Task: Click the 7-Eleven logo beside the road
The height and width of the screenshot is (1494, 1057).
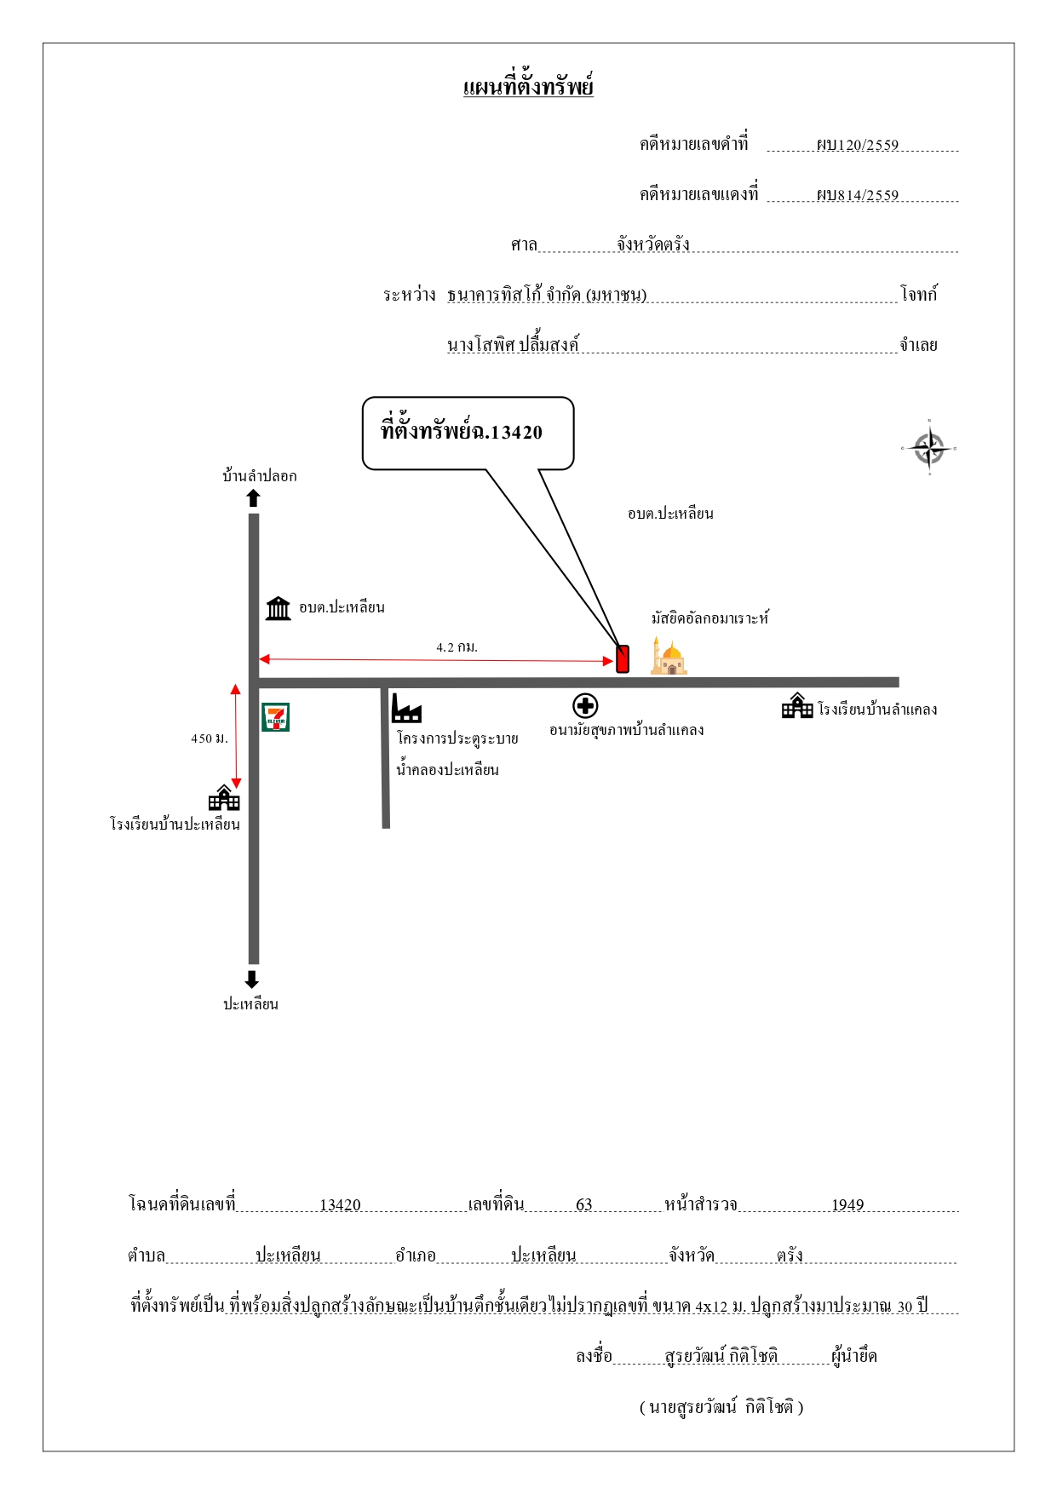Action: click(275, 717)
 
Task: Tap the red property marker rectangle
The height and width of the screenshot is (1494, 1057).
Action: click(623, 659)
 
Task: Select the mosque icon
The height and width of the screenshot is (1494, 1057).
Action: click(669, 656)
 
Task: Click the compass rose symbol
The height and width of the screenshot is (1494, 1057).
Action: click(929, 448)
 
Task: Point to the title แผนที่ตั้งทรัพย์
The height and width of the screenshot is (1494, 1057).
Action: click(528, 87)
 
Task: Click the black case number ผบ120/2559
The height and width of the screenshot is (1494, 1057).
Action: click(857, 145)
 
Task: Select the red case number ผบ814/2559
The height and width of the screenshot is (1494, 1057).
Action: click(857, 195)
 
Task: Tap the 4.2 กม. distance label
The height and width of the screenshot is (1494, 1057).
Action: click(457, 647)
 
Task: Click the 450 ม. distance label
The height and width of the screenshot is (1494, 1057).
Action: click(210, 738)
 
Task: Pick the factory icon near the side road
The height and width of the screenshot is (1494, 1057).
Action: click(406, 708)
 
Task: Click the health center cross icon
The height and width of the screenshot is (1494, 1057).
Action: click(585, 706)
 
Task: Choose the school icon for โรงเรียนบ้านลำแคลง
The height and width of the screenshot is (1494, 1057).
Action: click(797, 705)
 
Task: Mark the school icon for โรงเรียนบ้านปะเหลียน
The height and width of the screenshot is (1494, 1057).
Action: click(224, 797)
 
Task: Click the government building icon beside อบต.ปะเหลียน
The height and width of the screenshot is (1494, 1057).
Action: click(279, 608)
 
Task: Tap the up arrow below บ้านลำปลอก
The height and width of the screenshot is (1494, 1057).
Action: click(253, 498)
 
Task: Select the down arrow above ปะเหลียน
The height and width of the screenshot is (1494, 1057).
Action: click(251, 980)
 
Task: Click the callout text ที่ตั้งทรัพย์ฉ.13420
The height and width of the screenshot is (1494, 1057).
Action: click(462, 431)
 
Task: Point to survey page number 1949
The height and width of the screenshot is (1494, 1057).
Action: click(847, 1205)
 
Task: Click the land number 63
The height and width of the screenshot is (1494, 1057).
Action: click(584, 1205)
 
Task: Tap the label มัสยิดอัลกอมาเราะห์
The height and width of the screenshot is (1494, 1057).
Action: click(710, 618)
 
